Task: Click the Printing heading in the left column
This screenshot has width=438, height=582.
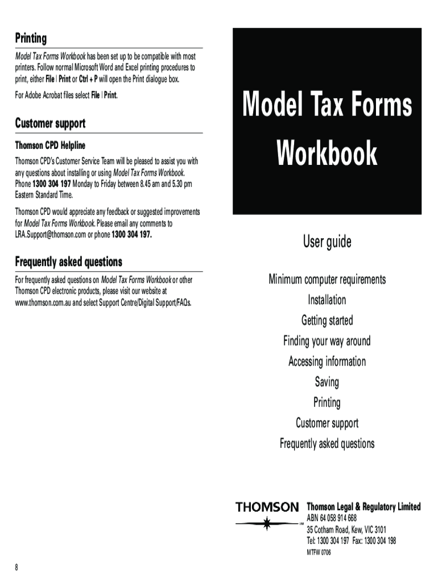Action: pyautogui.click(x=31, y=39)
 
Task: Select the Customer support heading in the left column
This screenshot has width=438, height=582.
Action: pyautogui.click(x=50, y=123)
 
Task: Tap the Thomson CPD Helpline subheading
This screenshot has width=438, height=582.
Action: pyautogui.click(x=50, y=145)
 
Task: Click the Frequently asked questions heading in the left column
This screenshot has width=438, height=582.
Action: pyautogui.click(x=68, y=262)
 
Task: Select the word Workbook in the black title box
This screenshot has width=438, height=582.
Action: pyautogui.click(x=327, y=153)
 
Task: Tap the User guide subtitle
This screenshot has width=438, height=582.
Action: pyautogui.click(x=327, y=242)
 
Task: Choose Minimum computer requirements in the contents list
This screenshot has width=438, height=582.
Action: pyautogui.click(x=327, y=280)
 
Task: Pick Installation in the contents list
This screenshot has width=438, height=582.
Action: pyautogui.click(x=327, y=300)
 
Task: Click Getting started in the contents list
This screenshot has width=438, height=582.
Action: pyautogui.click(x=327, y=321)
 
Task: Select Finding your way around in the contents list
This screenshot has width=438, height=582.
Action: pyautogui.click(x=327, y=341)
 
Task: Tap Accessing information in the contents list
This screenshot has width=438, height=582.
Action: pyautogui.click(x=327, y=361)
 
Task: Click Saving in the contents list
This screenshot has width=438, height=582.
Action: pyautogui.click(x=327, y=382)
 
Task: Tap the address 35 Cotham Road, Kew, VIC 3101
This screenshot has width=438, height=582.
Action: pyautogui.click(x=346, y=529)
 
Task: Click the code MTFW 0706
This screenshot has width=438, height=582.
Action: pyautogui.click(x=319, y=552)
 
